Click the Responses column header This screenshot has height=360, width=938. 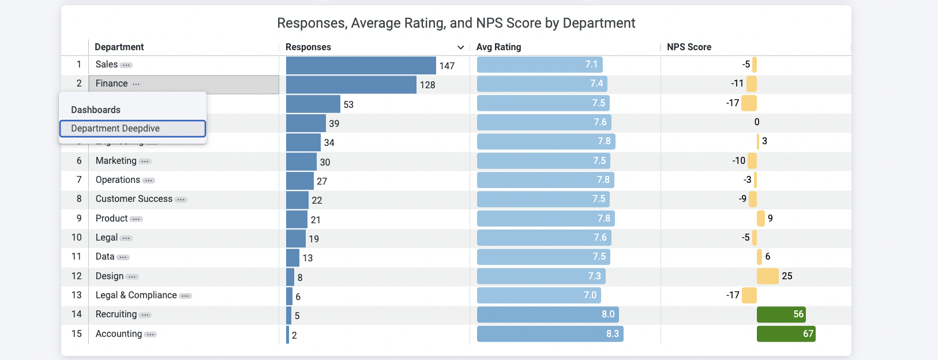pos(308,47)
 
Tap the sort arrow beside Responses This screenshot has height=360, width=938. pos(460,47)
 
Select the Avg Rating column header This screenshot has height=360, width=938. pos(498,47)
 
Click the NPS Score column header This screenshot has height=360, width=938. pos(689,47)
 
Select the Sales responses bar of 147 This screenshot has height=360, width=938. pos(361,65)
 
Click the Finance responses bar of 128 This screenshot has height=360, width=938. pos(351,85)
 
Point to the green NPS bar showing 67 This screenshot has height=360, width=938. pos(786,334)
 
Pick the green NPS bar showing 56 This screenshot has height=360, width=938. pos(781,314)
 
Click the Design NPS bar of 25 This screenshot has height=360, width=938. pos(767,276)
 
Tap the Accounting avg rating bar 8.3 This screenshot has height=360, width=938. pos(550,334)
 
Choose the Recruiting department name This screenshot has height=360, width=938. pos(116,314)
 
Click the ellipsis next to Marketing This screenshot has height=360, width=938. pos(145,162)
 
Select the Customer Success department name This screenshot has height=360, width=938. pos(134,199)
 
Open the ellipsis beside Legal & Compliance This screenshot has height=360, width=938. pos(185,296)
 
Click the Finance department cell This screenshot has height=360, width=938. pos(183,84)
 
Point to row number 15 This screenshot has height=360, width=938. pos(77,334)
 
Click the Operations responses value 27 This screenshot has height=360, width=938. pos(322,181)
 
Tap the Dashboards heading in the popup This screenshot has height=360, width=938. pos(96,110)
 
